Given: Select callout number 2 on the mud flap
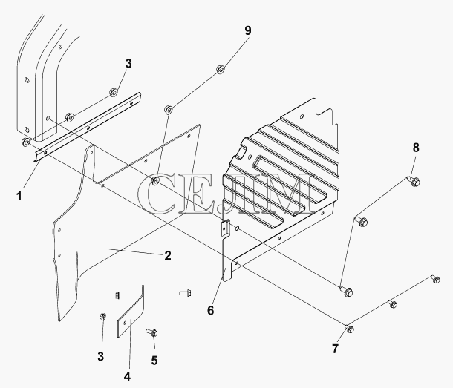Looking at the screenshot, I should click(168, 256).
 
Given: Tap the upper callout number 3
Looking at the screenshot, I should click(128, 64).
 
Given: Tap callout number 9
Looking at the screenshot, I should click(247, 30).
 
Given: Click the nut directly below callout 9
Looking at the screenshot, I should click(221, 70).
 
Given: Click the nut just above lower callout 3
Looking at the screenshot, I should click(102, 318).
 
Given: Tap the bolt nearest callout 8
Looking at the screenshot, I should click(414, 180).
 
